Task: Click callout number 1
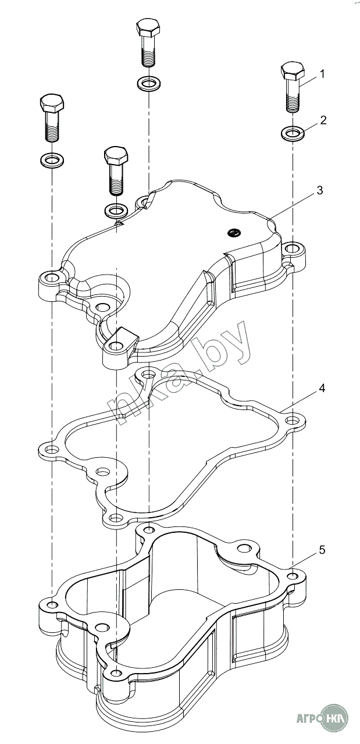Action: [322, 74]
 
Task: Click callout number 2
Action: [323, 120]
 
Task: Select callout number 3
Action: [319, 191]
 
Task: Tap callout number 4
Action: [322, 388]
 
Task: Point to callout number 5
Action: [322, 550]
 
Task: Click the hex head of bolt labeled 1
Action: [293, 70]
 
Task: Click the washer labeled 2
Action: [293, 134]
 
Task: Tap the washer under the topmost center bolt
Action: [149, 83]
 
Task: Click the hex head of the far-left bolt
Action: [52, 104]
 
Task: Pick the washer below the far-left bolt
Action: [52, 160]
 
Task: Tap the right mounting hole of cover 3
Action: [293, 248]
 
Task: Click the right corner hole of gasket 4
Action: [291, 421]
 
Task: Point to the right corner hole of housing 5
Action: [293, 576]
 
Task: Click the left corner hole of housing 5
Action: [51, 603]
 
